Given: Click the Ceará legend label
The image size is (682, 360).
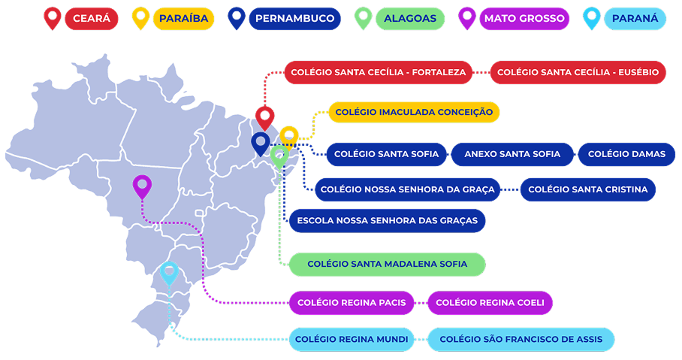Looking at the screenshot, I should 92,18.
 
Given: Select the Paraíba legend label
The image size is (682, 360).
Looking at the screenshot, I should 183,18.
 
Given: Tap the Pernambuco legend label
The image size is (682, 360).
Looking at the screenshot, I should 294,18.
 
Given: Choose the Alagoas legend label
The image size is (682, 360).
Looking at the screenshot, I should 410,18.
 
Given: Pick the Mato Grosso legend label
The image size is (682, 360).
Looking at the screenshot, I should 524,18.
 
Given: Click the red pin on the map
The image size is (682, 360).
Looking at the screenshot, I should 264,117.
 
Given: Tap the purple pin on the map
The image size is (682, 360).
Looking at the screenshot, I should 141,185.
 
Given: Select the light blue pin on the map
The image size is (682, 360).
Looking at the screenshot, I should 169,272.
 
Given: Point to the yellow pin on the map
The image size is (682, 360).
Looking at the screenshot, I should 289,137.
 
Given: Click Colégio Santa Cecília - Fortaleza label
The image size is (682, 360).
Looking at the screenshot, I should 378,72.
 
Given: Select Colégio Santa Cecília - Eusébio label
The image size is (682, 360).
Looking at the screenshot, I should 578,72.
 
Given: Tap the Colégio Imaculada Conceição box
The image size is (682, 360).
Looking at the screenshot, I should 414,112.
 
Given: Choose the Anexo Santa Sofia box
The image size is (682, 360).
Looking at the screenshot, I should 512,154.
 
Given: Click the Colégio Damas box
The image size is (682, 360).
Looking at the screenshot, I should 626,154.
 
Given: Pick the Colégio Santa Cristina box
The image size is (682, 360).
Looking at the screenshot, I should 587,189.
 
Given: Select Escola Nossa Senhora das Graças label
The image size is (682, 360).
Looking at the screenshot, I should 387,221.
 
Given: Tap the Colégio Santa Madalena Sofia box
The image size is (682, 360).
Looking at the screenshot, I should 387,264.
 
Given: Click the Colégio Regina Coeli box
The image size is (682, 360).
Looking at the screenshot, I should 490,303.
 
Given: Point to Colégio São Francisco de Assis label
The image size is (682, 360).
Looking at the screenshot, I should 521,340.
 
